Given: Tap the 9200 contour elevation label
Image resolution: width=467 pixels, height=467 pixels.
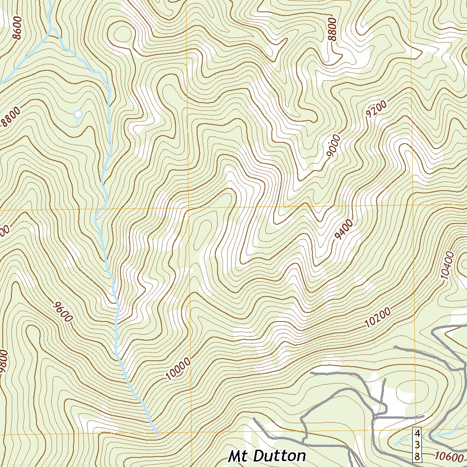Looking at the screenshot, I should [x=376, y=110].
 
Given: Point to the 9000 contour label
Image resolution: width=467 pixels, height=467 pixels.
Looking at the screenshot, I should [x=334, y=146].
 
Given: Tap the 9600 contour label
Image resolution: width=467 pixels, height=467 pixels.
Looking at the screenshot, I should [x=62, y=311].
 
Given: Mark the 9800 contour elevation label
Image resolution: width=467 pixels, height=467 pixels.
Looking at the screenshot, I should [x=4, y=362].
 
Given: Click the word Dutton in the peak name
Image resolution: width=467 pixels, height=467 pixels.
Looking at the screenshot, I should [x=279, y=456].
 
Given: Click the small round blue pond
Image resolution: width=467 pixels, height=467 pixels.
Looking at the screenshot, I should [x=78, y=114].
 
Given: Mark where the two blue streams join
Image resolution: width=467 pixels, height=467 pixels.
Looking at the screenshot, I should [x=53, y=30].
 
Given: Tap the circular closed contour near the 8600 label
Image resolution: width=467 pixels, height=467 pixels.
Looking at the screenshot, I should [x=122, y=34].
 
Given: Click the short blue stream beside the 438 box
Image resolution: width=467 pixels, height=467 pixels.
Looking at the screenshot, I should [x=404, y=441].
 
